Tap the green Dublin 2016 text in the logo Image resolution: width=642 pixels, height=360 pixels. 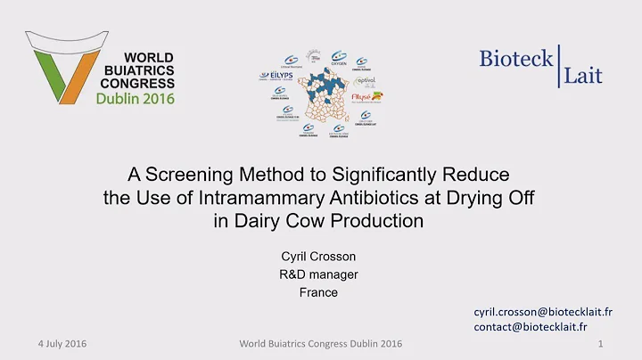tap(136, 97)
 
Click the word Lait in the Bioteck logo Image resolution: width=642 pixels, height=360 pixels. tap(582, 76)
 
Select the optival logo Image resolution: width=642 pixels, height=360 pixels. tap(367, 81)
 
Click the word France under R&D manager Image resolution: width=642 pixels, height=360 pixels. tap(318, 292)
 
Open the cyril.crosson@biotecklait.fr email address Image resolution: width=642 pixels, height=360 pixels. tap(542, 311)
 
